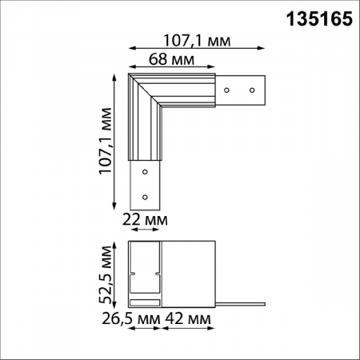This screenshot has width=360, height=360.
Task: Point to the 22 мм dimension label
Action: [144, 218]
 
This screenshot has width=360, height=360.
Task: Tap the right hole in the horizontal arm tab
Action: [252, 90]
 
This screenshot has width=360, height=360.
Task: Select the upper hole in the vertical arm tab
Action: [145, 171]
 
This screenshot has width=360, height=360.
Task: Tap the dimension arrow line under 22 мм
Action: [144, 229]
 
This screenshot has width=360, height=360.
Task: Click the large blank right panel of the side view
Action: [190, 272]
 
